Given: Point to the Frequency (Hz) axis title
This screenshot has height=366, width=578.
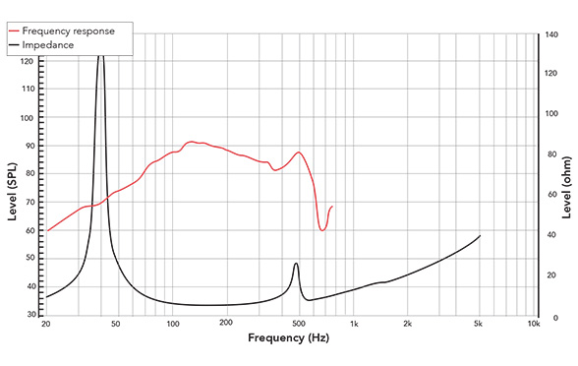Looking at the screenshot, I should tap(288, 337).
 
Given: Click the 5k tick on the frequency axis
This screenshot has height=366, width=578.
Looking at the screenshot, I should tap(479, 323).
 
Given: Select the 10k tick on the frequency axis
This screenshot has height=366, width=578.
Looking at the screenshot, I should tap(533, 323).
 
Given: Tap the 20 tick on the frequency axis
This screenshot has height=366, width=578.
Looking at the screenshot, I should tap(46, 323).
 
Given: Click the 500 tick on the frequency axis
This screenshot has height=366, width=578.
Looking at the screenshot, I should tap(298, 323).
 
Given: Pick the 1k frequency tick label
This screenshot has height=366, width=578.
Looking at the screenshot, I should tap(354, 323).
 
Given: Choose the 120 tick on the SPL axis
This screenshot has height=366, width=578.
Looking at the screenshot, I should tap(27, 61).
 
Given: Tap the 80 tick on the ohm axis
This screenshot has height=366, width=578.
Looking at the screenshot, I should tap(552, 155).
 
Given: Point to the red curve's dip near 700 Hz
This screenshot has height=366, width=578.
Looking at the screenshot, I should tap(322, 229).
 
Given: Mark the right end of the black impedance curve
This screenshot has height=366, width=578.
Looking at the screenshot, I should tap(480, 236).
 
